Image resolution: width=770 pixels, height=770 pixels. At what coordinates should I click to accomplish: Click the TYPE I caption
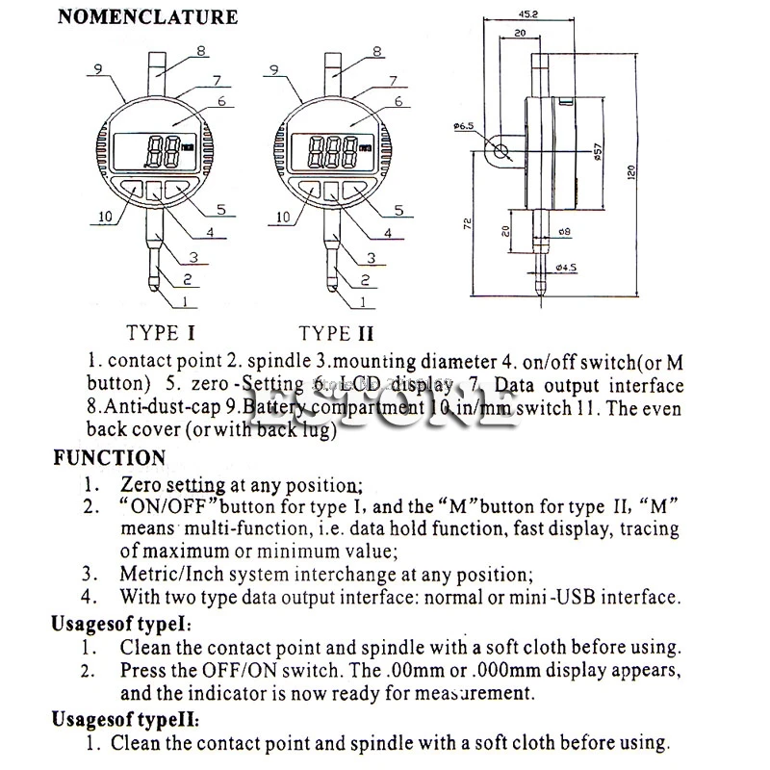point(161,334)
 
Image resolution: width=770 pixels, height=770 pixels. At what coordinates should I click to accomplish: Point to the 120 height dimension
point(631,171)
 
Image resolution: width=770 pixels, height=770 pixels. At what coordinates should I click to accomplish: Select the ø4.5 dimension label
point(567,269)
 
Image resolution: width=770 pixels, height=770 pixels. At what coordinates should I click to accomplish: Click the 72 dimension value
point(467,224)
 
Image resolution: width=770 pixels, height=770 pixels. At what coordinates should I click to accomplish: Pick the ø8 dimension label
point(564,231)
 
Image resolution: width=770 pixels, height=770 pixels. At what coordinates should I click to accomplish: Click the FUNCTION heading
point(110,458)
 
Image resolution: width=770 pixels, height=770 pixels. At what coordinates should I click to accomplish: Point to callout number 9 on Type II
point(274,68)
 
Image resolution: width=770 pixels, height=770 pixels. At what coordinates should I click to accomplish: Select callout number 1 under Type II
point(362,302)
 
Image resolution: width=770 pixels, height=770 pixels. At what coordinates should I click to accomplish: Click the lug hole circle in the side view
point(500,149)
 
